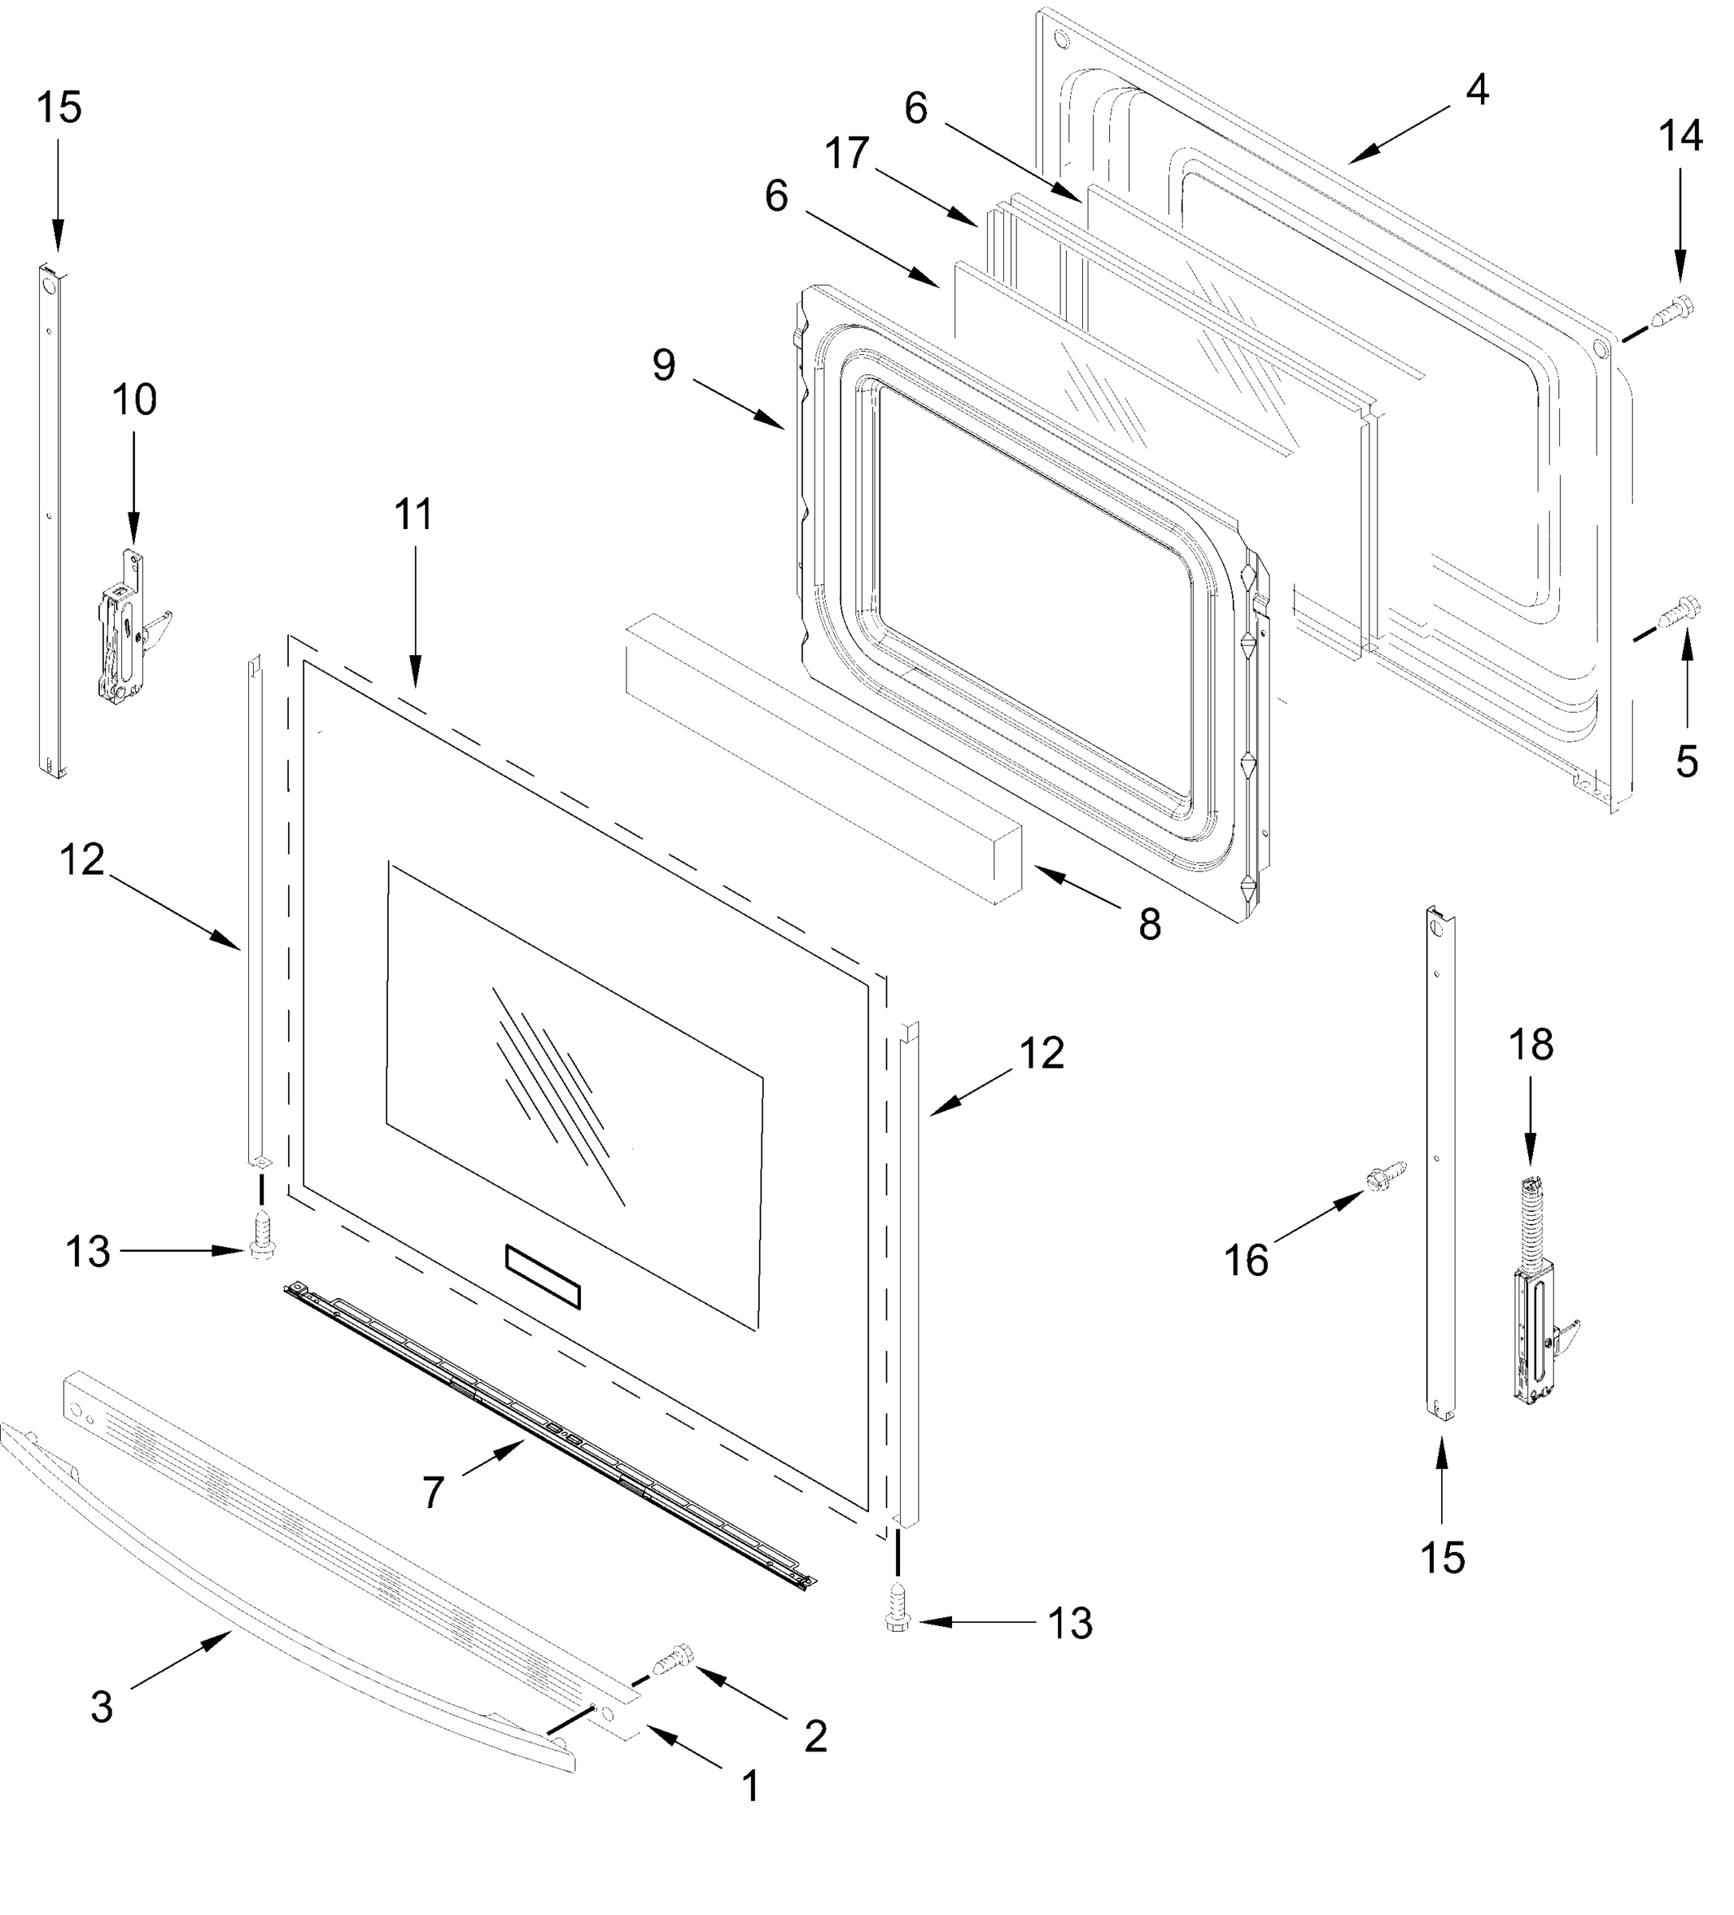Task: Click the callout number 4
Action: [1475, 90]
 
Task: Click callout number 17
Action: [847, 153]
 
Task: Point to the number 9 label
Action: [664, 365]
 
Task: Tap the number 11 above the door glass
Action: [413, 514]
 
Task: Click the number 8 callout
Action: [1150, 923]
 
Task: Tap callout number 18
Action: [1531, 1045]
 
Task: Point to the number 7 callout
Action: [433, 1493]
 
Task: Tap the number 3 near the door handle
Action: [101, 1708]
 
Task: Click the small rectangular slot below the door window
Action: [543, 1277]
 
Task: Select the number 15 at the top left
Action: [59, 108]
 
